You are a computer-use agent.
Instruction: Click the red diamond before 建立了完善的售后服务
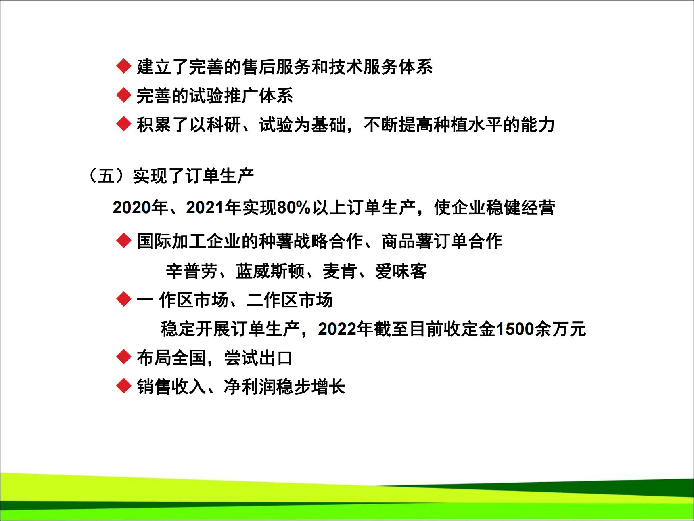coord(123,66)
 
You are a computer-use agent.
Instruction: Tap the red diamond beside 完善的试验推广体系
coord(123,95)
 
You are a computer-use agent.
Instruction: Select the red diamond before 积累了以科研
coord(123,124)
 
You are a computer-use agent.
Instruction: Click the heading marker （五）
coord(106,176)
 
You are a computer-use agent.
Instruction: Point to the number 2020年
coord(140,208)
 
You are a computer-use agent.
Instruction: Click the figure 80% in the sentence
coord(294,208)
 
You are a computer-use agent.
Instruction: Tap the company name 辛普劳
coord(192,271)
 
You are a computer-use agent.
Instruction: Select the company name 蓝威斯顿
coord(270,271)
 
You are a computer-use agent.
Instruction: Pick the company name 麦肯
coord(340,271)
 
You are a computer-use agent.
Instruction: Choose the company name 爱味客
coord(401,271)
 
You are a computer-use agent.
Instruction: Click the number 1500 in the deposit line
coord(515,329)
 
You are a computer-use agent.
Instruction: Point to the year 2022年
coord(345,329)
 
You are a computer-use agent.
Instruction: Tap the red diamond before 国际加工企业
coord(123,241)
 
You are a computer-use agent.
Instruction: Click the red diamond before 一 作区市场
coord(123,299)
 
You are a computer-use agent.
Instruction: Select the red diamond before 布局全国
coord(123,357)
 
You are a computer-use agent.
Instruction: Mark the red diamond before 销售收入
coord(123,386)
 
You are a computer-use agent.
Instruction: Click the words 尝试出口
coord(259,358)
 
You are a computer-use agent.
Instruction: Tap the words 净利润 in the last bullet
coord(250,387)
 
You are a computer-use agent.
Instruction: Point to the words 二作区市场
coord(290,300)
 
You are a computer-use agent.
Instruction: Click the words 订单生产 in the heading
coord(219,176)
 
